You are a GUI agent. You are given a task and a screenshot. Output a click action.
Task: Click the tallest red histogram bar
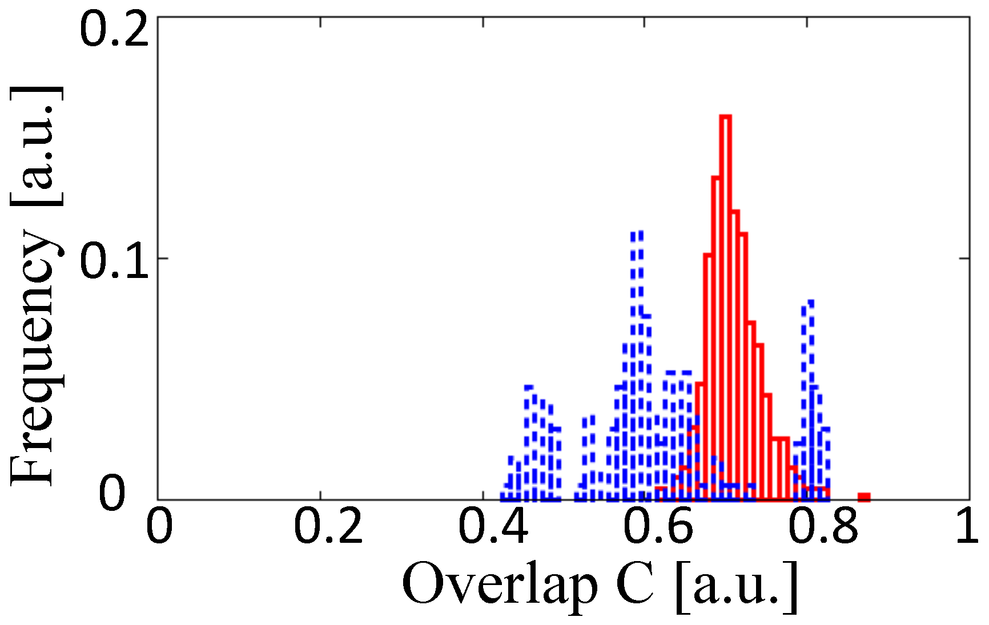click(726, 308)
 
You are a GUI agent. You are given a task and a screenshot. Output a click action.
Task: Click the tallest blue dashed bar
click(637, 365)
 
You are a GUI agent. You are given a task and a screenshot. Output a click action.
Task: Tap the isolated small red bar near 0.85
click(864, 497)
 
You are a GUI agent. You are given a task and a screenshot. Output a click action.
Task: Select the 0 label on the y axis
click(112, 493)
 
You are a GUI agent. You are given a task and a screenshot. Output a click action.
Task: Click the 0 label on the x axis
click(159, 527)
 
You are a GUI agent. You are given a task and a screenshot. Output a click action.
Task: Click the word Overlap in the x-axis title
click(500, 586)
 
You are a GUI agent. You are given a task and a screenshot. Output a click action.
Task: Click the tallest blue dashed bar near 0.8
click(807, 400)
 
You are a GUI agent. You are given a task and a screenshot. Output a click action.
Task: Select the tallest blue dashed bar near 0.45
click(529, 442)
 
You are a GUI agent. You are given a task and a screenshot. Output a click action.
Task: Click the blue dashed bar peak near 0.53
click(589, 457)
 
